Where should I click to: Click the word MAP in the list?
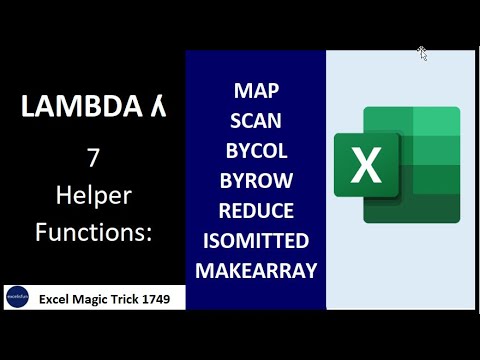(x=256, y=90)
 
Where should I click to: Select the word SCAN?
(x=256, y=120)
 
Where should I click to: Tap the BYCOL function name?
(x=256, y=151)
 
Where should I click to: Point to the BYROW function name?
(x=256, y=181)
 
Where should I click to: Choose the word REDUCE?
(x=256, y=211)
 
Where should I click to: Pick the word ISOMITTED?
(x=256, y=241)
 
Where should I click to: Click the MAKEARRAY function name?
(x=256, y=271)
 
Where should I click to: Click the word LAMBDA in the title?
(x=75, y=107)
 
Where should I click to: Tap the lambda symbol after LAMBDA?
(x=157, y=107)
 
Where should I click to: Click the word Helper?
(x=92, y=195)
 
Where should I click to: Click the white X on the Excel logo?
(x=367, y=165)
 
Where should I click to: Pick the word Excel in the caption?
(x=55, y=297)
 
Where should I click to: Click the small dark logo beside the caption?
(x=17, y=297)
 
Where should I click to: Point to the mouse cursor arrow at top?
(x=422, y=52)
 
